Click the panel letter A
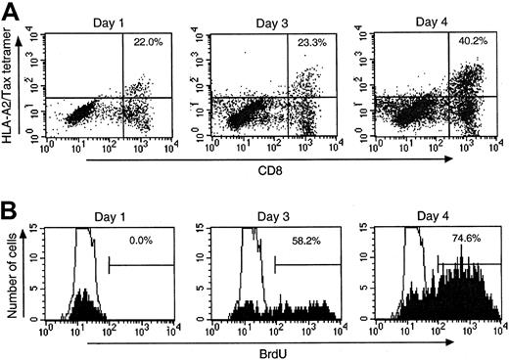pyautogui.click(x=11, y=11)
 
